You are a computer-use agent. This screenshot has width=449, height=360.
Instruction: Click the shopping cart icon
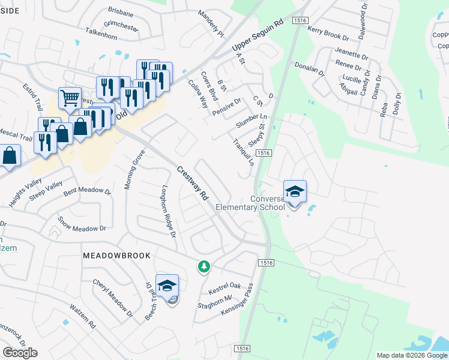[70, 97]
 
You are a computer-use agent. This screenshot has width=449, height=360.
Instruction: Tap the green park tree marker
[204, 266]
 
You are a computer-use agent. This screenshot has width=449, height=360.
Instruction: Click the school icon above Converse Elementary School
[295, 192]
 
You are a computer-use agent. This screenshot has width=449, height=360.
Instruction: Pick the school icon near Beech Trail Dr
[167, 285]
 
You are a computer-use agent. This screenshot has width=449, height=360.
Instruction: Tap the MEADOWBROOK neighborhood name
[116, 255]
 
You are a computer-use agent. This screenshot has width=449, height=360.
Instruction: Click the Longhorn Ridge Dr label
[167, 210]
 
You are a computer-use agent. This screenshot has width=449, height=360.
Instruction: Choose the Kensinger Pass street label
[238, 300]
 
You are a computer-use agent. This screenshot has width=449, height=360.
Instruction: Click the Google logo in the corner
[20, 353]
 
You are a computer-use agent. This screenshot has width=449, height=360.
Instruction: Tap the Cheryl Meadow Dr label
[112, 298]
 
